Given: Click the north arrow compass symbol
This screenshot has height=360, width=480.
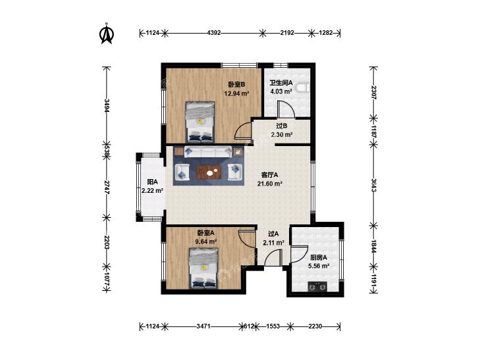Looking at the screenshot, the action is [x=107, y=34].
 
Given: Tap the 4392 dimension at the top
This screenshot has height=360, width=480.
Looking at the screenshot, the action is [x=214, y=33].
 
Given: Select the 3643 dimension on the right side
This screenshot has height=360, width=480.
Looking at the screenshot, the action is [x=373, y=186].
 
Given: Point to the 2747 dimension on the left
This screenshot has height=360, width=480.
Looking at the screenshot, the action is [x=107, y=188].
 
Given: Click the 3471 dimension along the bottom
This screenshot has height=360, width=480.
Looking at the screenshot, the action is [x=203, y=326].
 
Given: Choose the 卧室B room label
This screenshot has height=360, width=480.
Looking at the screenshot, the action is [x=236, y=84].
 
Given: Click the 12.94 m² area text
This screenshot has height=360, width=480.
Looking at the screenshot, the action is [x=236, y=93].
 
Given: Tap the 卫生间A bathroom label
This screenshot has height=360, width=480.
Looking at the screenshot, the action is [x=281, y=82].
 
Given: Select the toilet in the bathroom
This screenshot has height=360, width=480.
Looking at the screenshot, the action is [x=303, y=88].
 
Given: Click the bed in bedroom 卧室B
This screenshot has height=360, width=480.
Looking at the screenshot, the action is [x=200, y=122].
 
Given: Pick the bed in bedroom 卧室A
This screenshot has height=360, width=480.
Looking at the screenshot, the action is [x=203, y=269].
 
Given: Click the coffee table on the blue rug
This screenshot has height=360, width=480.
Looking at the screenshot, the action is [x=209, y=173].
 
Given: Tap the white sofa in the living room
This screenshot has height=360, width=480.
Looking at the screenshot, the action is [x=208, y=151].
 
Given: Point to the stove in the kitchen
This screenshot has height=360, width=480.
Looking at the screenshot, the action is [x=317, y=286].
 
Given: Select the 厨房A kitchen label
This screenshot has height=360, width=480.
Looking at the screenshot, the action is [x=319, y=257].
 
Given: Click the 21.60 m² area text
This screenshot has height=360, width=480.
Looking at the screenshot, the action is [x=270, y=184].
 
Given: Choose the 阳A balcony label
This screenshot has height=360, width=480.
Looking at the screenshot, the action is [x=153, y=182].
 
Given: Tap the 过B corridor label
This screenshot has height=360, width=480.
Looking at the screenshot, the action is [x=282, y=126].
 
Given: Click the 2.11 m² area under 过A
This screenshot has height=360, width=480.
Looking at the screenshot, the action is [x=274, y=243].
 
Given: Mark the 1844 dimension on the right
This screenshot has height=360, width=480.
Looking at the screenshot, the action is [x=373, y=246].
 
